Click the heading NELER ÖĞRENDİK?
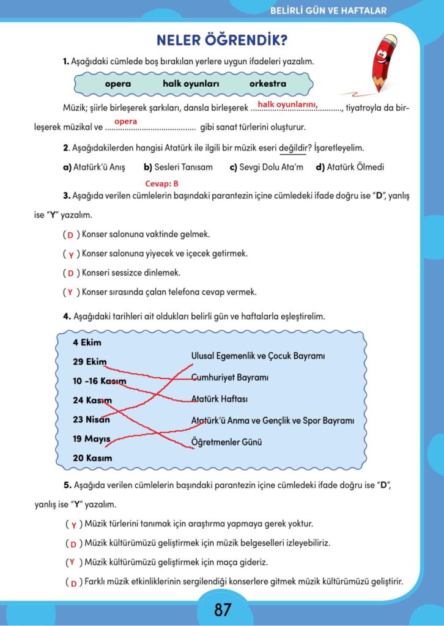coord(222,41)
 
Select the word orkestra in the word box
coord(267,84)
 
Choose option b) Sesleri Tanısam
coord(178,167)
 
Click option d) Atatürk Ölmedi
coord(350,167)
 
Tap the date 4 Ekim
coord(87,342)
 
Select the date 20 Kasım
coord(92,458)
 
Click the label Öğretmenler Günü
coord(228,441)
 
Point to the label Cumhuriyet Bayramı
coord(230,377)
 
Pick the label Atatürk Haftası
coord(219,399)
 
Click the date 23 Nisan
coord(91,419)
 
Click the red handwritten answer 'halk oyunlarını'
coord(287,105)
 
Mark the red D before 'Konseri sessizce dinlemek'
coord(70,273)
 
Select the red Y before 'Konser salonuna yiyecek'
coord(71,254)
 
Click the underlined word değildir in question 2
coord(292,149)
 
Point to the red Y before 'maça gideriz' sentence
coord(72,562)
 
